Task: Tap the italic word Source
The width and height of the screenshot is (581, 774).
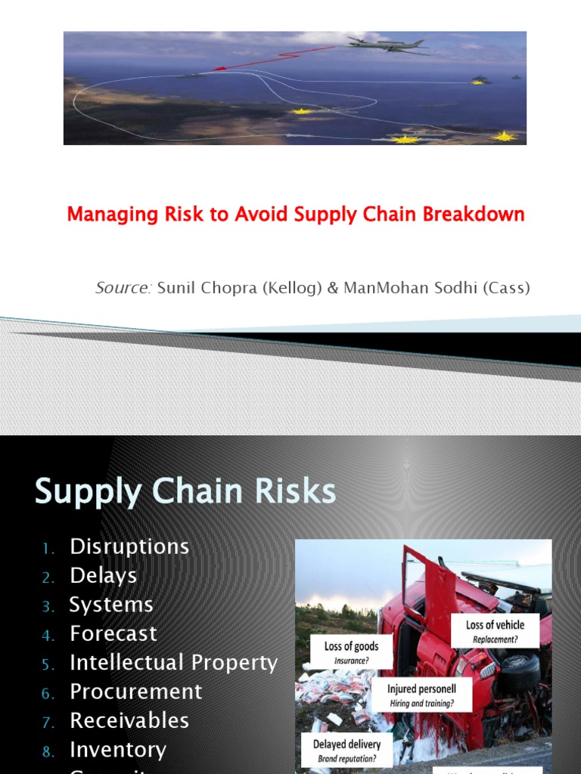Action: click(x=123, y=288)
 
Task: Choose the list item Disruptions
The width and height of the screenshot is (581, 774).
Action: click(x=129, y=546)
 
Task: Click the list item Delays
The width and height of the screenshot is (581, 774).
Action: click(x=104, y=576)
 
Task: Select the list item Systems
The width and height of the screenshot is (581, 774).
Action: click(x=111, y=605)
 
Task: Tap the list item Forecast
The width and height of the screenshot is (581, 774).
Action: click(x=113, y=633)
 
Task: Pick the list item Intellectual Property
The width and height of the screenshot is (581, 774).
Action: click(x=174, y=663)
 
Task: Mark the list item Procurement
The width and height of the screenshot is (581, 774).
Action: click(x=136, y=692)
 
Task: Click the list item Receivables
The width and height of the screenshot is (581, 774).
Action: click(x=129, y=720)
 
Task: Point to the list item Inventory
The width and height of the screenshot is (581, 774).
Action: click(x=118, y=750)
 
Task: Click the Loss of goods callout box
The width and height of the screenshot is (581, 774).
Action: click(x=351, y=652)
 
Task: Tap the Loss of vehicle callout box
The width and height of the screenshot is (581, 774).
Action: click(x=496, y=630)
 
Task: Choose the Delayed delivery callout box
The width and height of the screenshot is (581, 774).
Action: click(x=346, y=749)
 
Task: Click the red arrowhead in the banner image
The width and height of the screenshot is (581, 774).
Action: click(x=219, y=69)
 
